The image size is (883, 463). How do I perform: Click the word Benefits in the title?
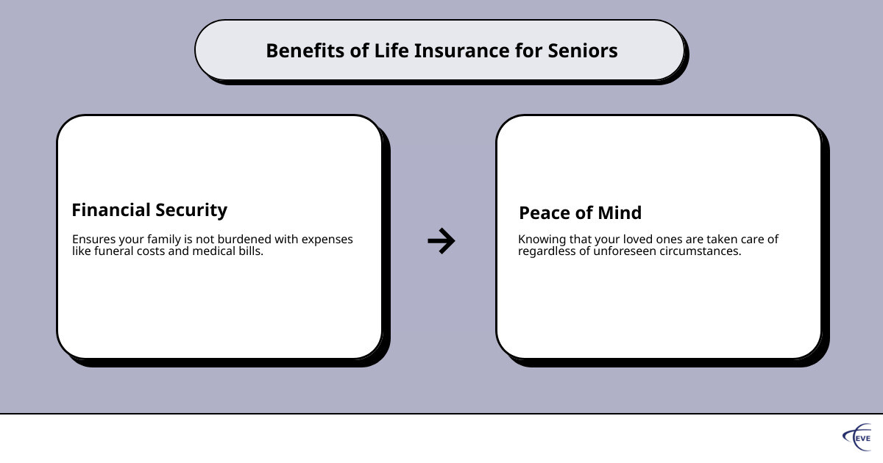click(305, 51)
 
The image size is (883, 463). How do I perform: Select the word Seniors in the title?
click(583, 51)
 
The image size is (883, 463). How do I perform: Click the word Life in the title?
click(391, 51)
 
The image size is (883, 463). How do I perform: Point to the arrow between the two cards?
click(441, 240)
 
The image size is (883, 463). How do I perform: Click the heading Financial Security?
click(149, 210)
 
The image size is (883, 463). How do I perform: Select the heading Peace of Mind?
click(581, 212)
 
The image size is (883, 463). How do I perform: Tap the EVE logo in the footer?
click(857, 437)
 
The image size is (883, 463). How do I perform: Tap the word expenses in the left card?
click(327, 240)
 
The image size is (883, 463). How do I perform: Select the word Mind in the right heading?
click(620, 212)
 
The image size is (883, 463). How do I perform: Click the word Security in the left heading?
click(191, 210)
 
